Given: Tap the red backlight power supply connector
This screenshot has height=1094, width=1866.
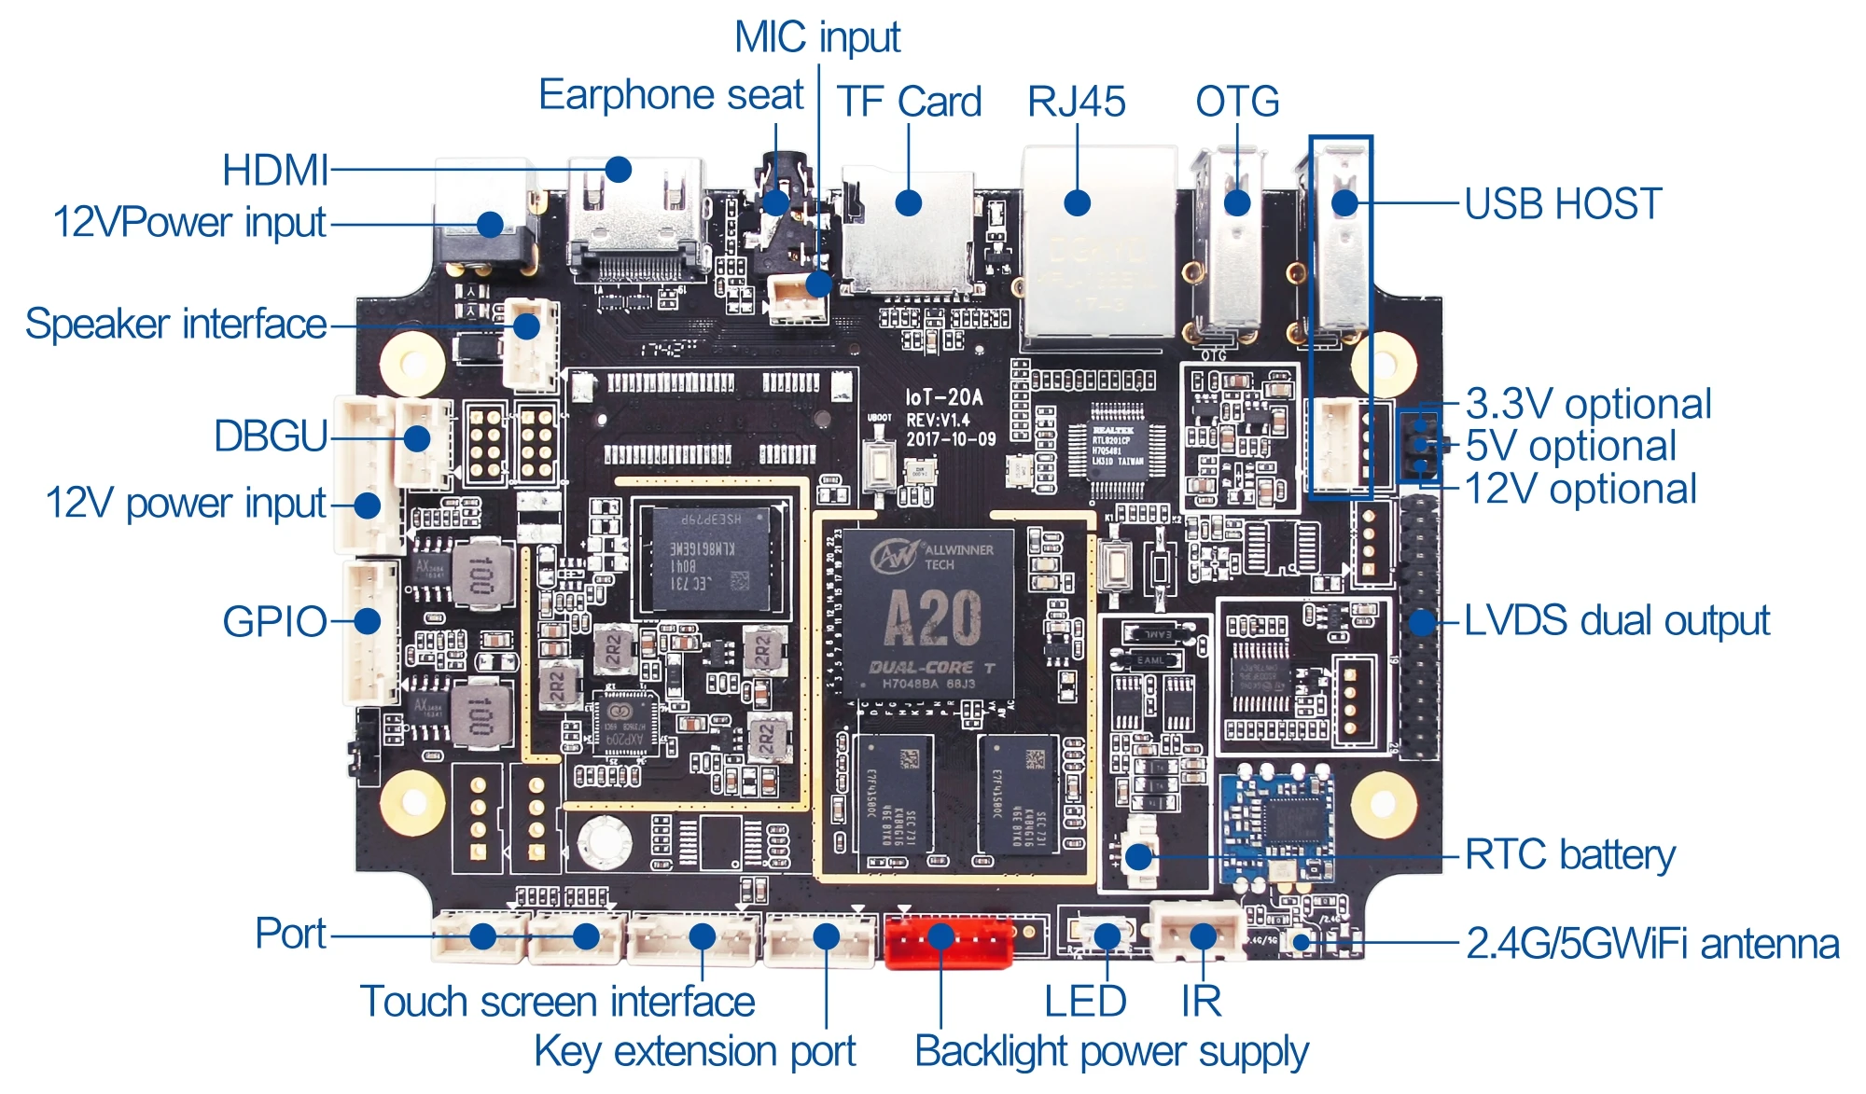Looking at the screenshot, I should point(948,941).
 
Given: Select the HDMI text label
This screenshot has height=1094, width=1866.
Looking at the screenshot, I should point(275,171).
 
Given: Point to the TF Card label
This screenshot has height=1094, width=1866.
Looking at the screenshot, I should point(909,102).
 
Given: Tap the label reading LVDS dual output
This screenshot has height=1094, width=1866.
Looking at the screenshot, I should point(1616,621).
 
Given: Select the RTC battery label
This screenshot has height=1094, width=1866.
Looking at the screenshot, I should point(1569,854).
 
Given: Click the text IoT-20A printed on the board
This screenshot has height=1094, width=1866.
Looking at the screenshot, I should point(944,398).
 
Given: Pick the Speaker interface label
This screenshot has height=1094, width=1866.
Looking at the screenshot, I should point(175,325).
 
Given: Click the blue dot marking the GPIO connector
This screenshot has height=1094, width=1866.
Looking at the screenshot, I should point(368,621).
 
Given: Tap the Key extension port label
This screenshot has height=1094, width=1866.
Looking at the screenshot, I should point(694,1051).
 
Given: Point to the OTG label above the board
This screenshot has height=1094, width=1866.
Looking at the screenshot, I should point(1237,102).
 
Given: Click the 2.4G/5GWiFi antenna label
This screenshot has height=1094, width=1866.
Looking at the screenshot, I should point(1652,944).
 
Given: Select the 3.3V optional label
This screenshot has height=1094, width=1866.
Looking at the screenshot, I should point(1588,404).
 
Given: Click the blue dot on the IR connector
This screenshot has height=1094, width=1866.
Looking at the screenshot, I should point(1204,935).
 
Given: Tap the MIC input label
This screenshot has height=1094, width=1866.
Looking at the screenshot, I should point(817,38).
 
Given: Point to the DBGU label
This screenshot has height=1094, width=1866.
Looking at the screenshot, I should point(271,436).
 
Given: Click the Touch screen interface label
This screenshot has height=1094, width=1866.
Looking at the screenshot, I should point(557,1002).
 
